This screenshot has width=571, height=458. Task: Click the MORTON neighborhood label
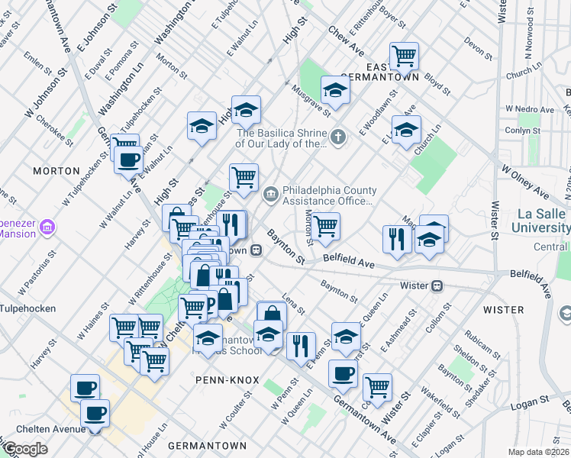[56, 170]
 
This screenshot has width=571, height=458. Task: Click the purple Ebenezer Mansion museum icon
[47, 227]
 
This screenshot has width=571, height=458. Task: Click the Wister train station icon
[437, 285]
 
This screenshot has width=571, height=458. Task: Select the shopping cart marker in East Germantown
[404, 55]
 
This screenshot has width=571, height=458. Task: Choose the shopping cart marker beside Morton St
[325, 225]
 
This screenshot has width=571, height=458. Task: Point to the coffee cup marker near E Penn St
[343, 373]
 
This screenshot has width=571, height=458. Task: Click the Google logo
[25, 449]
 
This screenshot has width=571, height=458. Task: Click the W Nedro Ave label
[534, 110]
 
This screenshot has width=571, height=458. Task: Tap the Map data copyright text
[539, 452]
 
